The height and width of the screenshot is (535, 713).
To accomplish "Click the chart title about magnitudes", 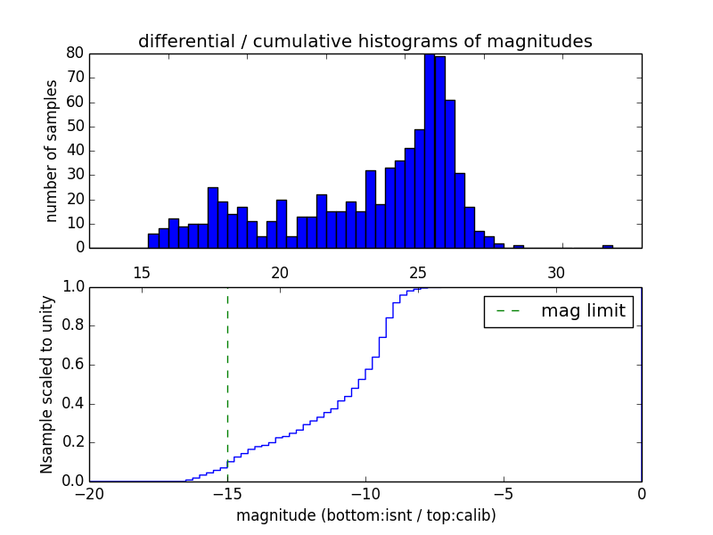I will (x=365, y=41).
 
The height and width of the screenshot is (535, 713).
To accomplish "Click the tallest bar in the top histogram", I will (x=430, y=152).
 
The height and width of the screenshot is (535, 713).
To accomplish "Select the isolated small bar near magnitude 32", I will (x=607, y=246).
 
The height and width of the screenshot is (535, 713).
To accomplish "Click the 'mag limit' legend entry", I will (x=558, y=311).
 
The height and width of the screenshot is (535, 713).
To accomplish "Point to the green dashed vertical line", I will (x=227, y=374).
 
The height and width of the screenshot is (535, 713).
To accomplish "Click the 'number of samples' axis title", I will (x=52, y=151).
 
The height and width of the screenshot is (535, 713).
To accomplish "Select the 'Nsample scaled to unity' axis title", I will (x=48, y=384).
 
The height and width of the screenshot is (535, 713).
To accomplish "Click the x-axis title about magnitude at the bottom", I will (x=365, y=515).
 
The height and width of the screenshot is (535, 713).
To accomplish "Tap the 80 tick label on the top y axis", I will (x=75, y=53).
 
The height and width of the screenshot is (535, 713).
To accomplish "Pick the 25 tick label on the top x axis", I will (x=418, y=271).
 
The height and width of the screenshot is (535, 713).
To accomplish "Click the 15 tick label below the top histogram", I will (x=142, y=271).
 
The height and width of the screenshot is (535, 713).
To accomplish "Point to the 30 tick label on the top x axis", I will (x=556, y=271).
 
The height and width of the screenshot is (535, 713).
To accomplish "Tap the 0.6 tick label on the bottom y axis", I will (x=72, y=365).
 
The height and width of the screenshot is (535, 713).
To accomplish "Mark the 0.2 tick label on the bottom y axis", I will (x=72, y=442).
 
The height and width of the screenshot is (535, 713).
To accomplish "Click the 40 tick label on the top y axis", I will (x=75, y=151).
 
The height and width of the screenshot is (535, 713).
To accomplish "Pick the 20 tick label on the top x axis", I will (x=280, y=271).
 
